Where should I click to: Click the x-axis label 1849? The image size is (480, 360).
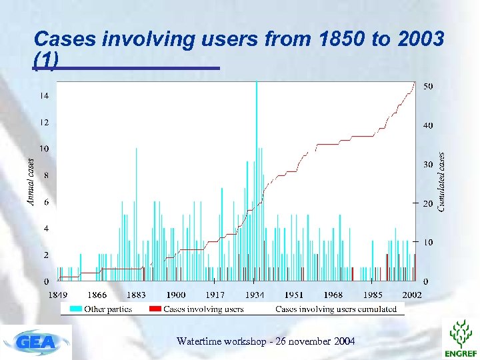click(x=58, y=294)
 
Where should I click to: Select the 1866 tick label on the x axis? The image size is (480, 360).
click(x=97, y=294)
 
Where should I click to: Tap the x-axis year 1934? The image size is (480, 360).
click(x=255, y=294)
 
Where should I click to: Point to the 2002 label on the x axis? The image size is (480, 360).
click(x=411, y=294)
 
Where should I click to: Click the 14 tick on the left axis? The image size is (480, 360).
click(x=43, y=95)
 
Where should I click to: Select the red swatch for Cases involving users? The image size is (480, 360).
click(x=154, y=309)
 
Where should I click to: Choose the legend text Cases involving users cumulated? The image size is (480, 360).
click(x=336, y=309)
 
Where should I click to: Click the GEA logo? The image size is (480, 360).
click(x=37, y=342)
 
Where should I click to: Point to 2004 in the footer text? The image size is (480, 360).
click(x=343, y=341)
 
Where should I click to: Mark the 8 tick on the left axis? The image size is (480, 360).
click(x=45, y=175)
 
